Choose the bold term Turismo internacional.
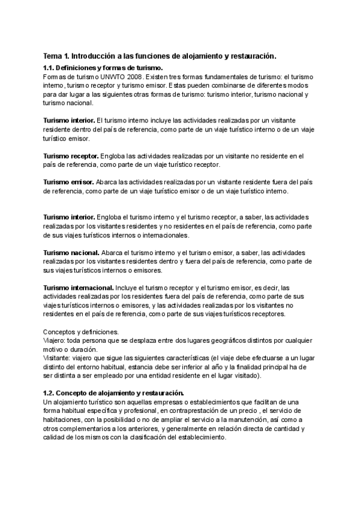pos(79,288)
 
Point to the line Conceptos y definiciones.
pos(81,331)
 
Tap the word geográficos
pos(209,340)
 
